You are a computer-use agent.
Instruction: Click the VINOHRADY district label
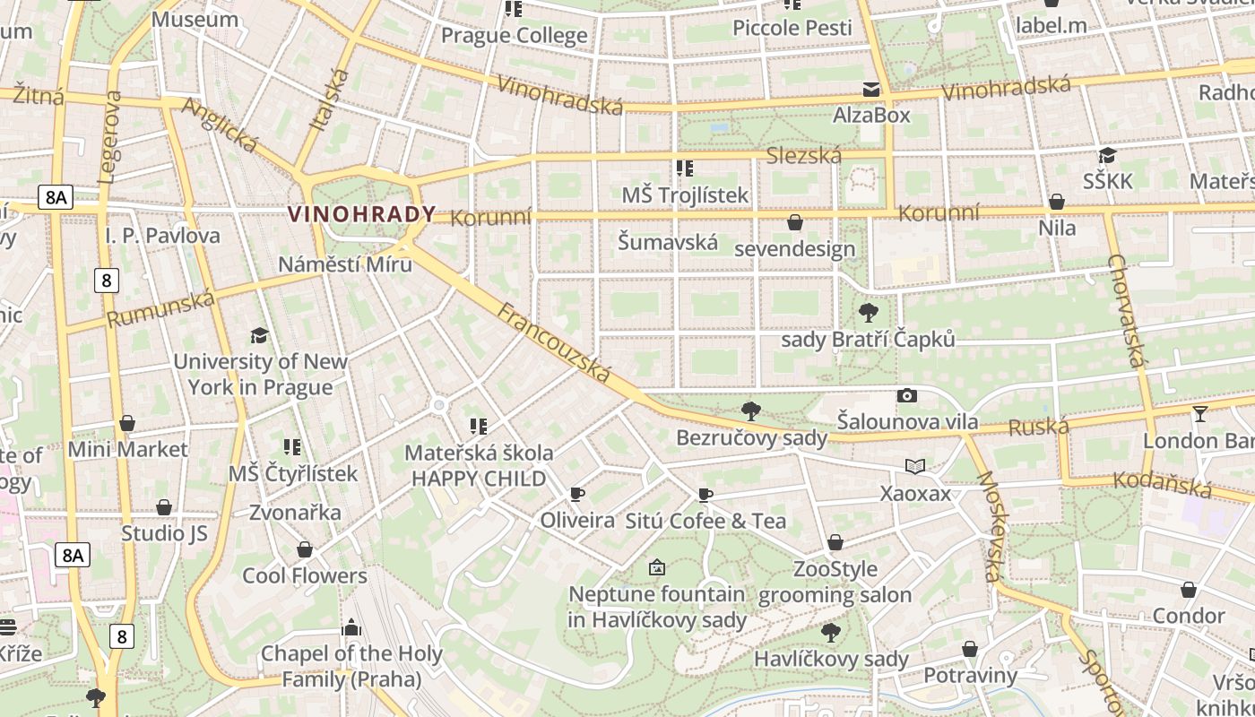pos(361,214)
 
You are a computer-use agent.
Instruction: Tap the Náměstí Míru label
pos(345,264)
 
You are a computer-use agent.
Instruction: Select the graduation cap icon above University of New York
pos(259,335)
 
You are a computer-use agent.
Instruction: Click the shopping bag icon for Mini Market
pos(127,423)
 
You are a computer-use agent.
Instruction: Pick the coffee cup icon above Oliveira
pos(577,494)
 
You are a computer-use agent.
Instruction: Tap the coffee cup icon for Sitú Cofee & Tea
pos(705,495)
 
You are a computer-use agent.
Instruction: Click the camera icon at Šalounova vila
pos(907,395)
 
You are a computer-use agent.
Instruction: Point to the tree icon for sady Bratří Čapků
pos(868,313)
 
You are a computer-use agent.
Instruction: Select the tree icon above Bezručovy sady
pos(751,411)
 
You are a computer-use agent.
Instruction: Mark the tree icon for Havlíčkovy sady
pos(831,633)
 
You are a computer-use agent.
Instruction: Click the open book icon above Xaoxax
pos(914,466)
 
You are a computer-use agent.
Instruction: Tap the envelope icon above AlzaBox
pos(871,89)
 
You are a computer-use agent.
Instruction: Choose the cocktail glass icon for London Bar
pos(1199,413)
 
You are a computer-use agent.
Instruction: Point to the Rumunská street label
pos(161,308)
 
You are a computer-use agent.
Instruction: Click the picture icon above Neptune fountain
pos(656,567)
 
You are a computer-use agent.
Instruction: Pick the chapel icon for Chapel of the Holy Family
pos(351,626)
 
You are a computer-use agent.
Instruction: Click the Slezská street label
pos(804,156)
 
